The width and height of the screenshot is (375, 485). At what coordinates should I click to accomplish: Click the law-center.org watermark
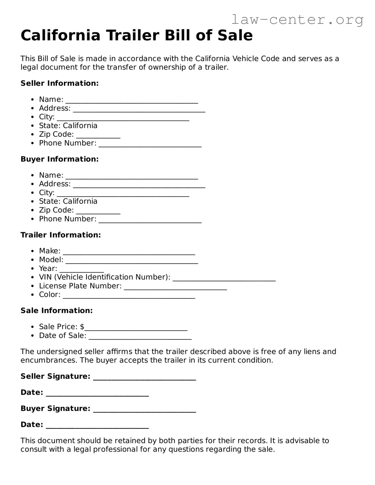click(x=297, y=20)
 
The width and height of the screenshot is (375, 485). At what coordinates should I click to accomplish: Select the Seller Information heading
click(x=60, y=83)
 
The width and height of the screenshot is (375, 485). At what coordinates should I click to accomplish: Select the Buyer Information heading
click(x=60, y=159)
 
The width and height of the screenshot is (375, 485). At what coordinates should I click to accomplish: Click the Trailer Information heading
click(x=61, y=235)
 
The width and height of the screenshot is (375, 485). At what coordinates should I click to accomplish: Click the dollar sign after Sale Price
click(x=82, y=327)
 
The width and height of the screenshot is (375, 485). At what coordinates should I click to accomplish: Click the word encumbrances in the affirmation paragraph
click(x=49, y=360)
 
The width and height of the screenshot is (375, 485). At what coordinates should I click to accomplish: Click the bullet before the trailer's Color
click(x=32, y=295)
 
